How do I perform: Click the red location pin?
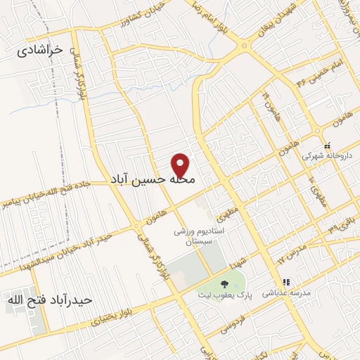[181, 165]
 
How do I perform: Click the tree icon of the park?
[224, 285]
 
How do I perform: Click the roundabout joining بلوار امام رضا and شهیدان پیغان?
[245, 45]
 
